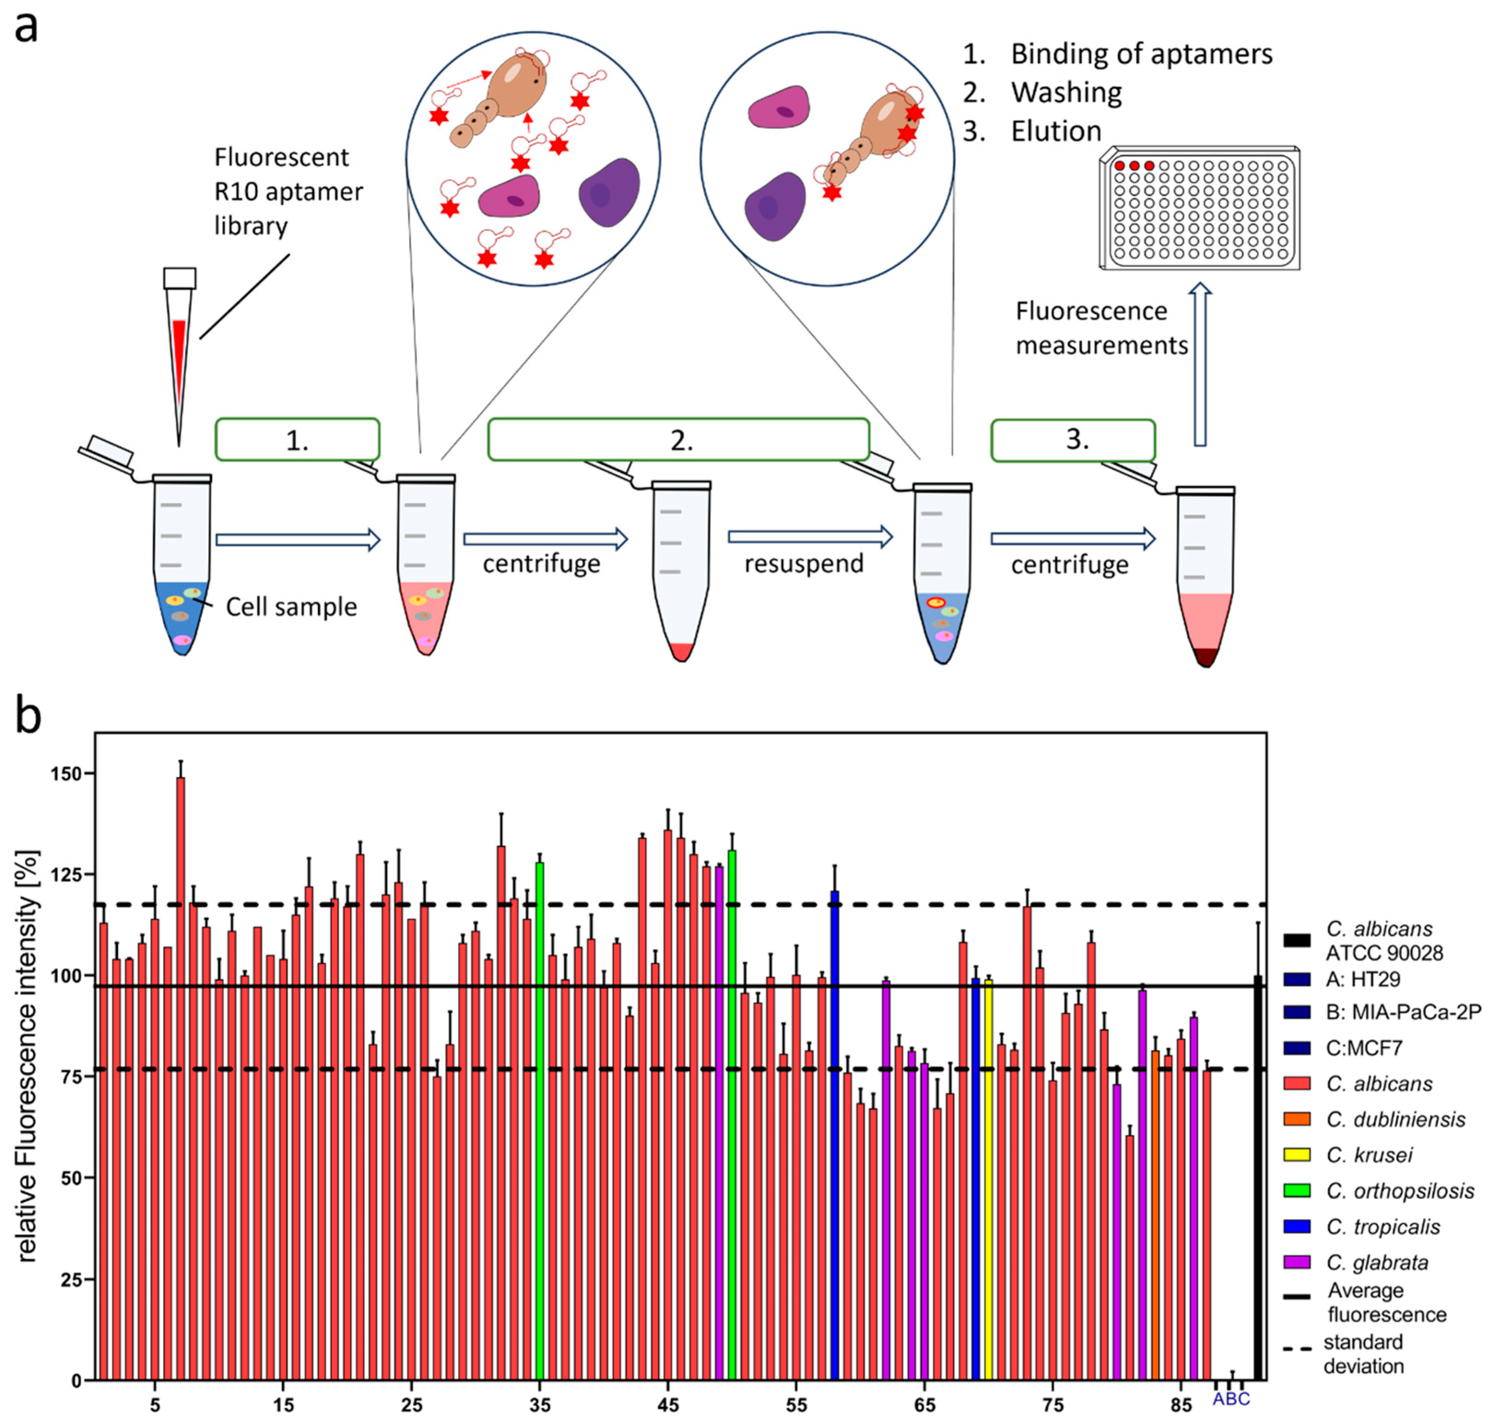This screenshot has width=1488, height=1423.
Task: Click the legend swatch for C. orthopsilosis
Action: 1297,1190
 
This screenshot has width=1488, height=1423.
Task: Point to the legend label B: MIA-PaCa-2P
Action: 1403,1012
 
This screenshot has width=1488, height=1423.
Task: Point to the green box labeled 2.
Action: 679,440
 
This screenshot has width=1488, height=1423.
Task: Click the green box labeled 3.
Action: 1073,441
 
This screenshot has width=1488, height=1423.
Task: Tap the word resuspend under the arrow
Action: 804,564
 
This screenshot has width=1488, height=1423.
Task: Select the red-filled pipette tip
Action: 179,357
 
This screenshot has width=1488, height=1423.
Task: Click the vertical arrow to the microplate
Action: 1200,364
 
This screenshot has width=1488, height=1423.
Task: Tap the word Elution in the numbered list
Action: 1056,132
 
